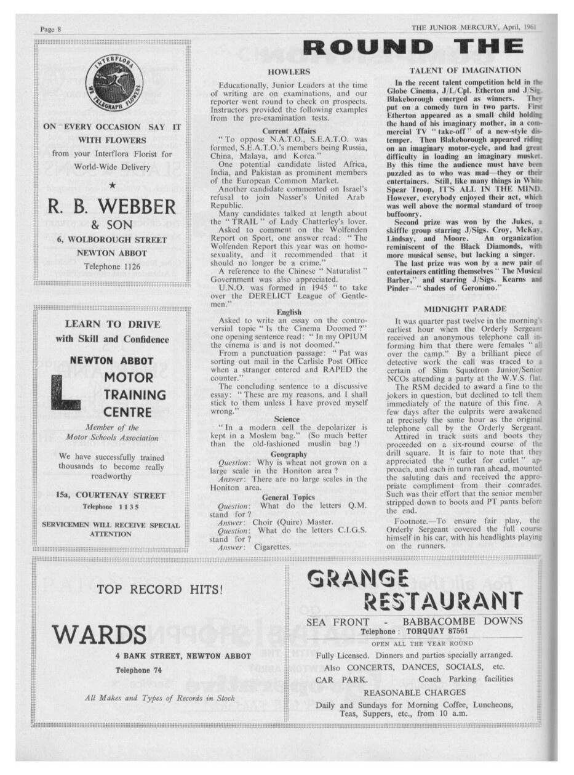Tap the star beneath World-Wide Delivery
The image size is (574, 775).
tap(111, 185)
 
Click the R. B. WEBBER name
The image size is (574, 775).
tap(111, 206)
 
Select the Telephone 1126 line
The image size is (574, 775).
tap(111, 267)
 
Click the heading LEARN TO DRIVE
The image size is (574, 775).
tap(112, 324)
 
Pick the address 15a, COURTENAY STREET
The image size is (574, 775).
tap(111, 495)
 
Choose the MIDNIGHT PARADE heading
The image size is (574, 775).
tap(465, 308)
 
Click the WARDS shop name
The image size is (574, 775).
tap(99, 633)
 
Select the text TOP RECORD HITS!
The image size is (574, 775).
tap(160, 589)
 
